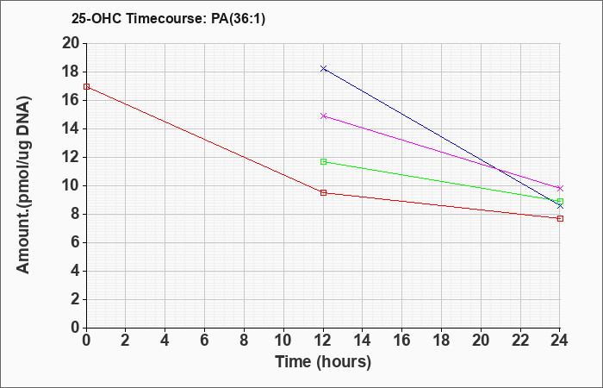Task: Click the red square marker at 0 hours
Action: tap(86, 86)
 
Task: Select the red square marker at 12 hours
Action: tap(323, 193)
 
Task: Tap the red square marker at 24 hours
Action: tap(560, 219)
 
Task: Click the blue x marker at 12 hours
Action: tap(323, 68)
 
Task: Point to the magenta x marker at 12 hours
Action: tap(323, 116)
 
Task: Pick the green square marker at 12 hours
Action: tap(323, 162)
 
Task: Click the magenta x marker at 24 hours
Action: tap(560, 188)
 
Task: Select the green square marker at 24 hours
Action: tap(560, 201)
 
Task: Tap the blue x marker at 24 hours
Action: tap(560, 206)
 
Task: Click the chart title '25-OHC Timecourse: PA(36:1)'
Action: tap(169, 18)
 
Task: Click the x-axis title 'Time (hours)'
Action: tap(323, 362)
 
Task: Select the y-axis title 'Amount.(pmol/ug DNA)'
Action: tap(23, 185)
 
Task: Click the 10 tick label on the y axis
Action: tap(71, 186)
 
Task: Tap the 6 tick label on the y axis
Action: tap(75, 243)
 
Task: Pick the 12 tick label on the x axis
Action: tap(323, 341)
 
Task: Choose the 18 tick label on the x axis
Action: tap(441, 341)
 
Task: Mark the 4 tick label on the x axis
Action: tap(165, 341)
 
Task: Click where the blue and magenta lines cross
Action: tap(497, 169)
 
